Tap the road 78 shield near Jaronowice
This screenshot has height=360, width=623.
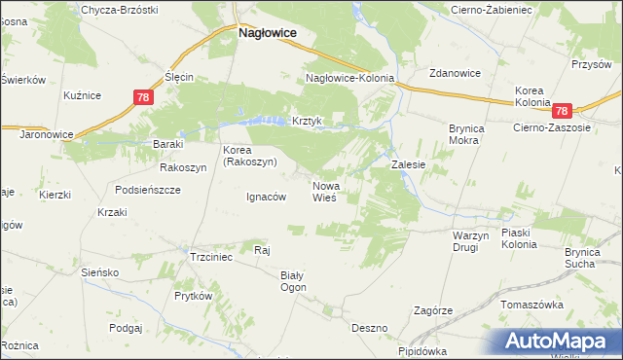[143, 97]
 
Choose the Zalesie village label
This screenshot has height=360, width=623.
[409, 165]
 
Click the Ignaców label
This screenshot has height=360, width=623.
[265, 196]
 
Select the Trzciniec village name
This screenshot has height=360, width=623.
[210, 257]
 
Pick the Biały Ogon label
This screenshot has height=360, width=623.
[293, 281]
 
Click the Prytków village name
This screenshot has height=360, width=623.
[193, 295]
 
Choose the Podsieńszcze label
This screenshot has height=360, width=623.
[148, 190]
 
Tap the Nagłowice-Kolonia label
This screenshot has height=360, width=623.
[350, 78]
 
